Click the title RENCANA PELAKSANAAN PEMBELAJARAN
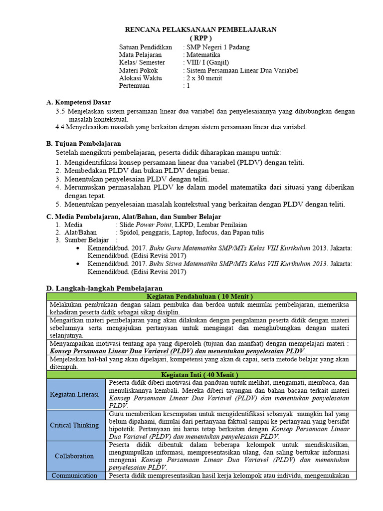(x=200, y=30)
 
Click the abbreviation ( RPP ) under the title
(x=200, y=38)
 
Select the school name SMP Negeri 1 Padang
(x=218, y=47)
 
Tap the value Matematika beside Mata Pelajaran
(x=203, y=55)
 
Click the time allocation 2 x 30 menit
(x=204, y=78)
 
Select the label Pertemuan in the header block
(x=134, y=86)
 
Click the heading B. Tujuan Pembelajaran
(x=83, y=144)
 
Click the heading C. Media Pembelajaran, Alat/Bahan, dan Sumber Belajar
(x=133, y=217)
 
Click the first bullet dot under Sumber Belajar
(x=76, y=248)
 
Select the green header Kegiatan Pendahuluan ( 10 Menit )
(x=201, y=296)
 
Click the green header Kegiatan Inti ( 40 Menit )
(x=201, y=374)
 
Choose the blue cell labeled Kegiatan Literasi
(x=76, y=394)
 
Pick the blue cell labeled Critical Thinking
(x=76, y=425)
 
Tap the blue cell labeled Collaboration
(x=76, y=456)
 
